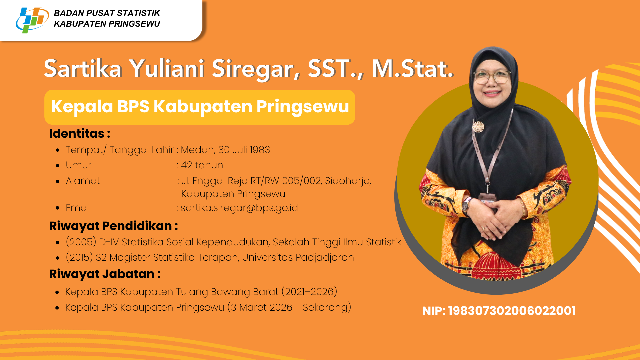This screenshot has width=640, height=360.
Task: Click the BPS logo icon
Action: [32, 20]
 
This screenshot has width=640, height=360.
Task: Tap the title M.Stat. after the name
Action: [413, 69]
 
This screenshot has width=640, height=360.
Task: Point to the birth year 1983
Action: [260, 150]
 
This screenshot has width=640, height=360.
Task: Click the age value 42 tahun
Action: [202, 165]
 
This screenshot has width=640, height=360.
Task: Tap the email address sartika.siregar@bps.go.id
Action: [239, 208]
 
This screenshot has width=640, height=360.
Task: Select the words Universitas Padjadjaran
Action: [298, 257]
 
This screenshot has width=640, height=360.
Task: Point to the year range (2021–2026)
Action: [309, 292]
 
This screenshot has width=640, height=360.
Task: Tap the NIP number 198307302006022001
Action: [512, 311]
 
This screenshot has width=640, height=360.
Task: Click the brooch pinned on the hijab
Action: [478, 127]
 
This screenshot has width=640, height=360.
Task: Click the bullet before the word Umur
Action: [58, 165]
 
